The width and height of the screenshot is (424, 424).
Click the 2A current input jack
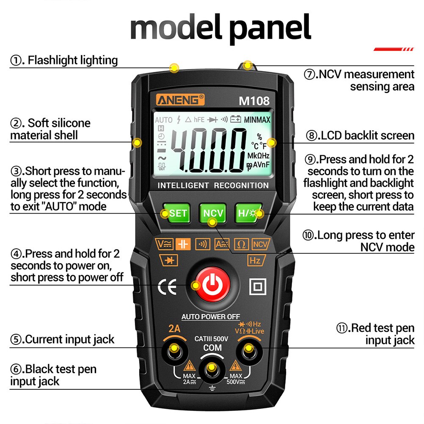pos(173,350)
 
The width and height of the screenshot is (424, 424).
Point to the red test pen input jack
pos(248,350)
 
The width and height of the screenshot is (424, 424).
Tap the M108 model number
pos(254,101)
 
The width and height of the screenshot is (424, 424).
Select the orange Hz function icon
pos(255,261)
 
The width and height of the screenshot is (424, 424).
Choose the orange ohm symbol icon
pos(241,244)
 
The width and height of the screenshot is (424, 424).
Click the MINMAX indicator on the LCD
pos(257,120)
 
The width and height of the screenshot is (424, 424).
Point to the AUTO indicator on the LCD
pos(164,120)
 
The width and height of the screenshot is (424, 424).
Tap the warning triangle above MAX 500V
pos(236,366)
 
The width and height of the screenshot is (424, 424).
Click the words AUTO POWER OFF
pos(210,317)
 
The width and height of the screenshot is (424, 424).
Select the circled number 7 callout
pos(310,75)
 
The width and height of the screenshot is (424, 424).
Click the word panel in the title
pos(271,28)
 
